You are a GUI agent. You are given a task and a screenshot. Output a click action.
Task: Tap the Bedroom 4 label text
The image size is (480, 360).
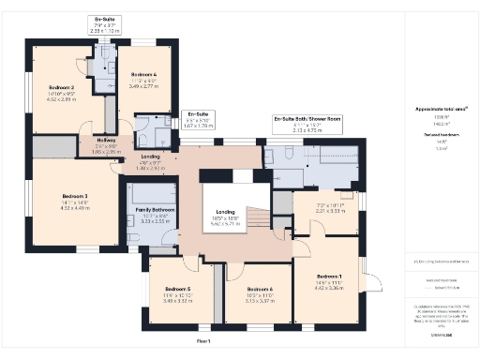coord(145,73)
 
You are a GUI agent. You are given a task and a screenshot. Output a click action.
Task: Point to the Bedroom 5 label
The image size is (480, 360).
coord(175,288)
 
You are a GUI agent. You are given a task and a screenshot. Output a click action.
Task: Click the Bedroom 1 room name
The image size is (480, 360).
coord(329,277)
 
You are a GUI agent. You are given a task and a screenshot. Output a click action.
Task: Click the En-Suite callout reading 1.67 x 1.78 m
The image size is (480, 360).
coord(195,118)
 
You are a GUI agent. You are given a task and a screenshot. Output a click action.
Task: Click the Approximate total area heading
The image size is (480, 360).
coord(441,110)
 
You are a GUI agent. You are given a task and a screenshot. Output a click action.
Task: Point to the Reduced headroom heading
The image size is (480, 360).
coord(441,136)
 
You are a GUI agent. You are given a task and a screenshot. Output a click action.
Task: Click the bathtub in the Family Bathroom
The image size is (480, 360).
coord(149,193)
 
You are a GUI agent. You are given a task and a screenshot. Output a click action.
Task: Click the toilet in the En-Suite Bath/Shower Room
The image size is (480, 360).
coord(271,157)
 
